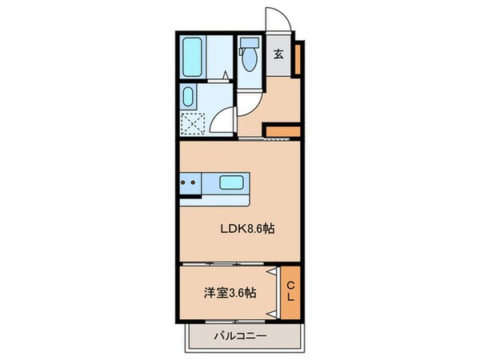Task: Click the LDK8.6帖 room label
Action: (248, 228)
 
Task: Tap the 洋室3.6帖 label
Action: (230, 293)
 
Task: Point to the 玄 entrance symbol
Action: (279, 55)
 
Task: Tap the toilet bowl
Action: (249, 63)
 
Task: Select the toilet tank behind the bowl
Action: (249, 44)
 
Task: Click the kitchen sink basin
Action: (233, 183)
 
